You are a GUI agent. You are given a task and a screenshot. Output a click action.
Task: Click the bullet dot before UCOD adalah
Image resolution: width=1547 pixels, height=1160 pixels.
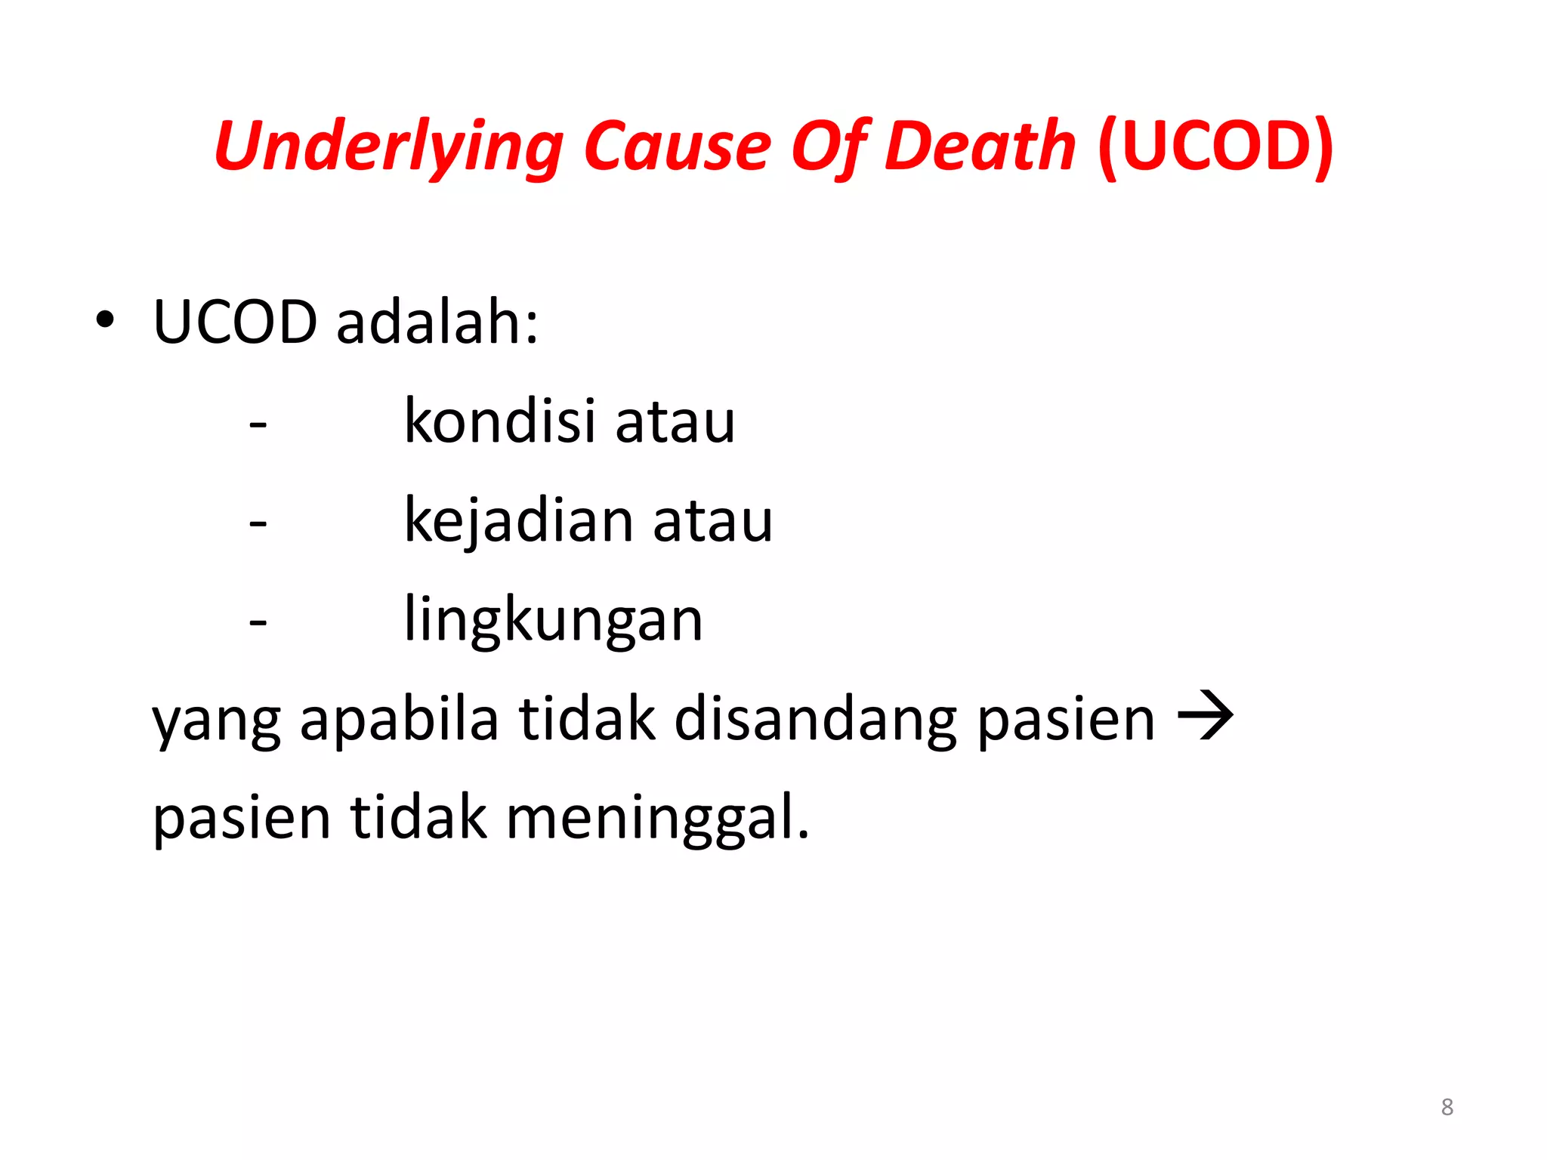pos(105,320)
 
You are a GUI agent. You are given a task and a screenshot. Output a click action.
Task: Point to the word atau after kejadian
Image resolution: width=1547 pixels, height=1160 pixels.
pos(712,522)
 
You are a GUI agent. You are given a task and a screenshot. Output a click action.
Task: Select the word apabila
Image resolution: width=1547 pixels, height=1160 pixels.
pos(399,718)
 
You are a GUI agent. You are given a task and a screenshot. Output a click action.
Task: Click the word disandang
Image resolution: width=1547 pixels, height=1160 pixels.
pos(815,718)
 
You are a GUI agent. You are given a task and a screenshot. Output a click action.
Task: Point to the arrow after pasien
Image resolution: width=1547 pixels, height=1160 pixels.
pos(1206,714)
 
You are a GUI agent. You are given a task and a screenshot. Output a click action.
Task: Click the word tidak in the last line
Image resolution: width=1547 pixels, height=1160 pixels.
pos(418,817)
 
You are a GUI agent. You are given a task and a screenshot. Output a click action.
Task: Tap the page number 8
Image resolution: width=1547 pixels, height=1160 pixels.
pos(1447,1107)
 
